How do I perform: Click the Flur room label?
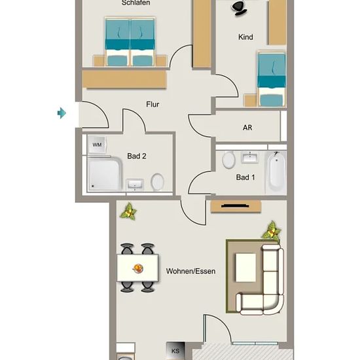(x=153, y=105)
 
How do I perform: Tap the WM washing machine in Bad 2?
(x=97, y=145)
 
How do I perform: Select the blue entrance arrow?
(x=62, y=113)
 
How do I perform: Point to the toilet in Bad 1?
(x=228, y=160)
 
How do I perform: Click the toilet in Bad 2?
(x=158, y=182)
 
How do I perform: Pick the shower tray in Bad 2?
(x=105, y=173)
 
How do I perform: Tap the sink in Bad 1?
(x=249, y=158)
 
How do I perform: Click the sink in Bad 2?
(x=135, y=185)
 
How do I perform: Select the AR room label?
(x=247, y=128)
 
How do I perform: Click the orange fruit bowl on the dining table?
(x=138, y=268)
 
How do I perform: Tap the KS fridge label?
(x=175, y=351)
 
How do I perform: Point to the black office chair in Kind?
(x=239, y=8)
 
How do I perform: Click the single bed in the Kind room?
(x=272, y=79)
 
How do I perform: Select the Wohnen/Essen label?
(x=190, y=271)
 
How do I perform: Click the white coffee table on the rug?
(x=245, y=268)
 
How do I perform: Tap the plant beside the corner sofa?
(x=272, y=231)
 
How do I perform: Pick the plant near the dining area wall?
(x=128, y=211)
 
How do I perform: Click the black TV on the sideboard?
(x=235, y=206)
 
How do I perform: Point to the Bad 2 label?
(x=137, y=156)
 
